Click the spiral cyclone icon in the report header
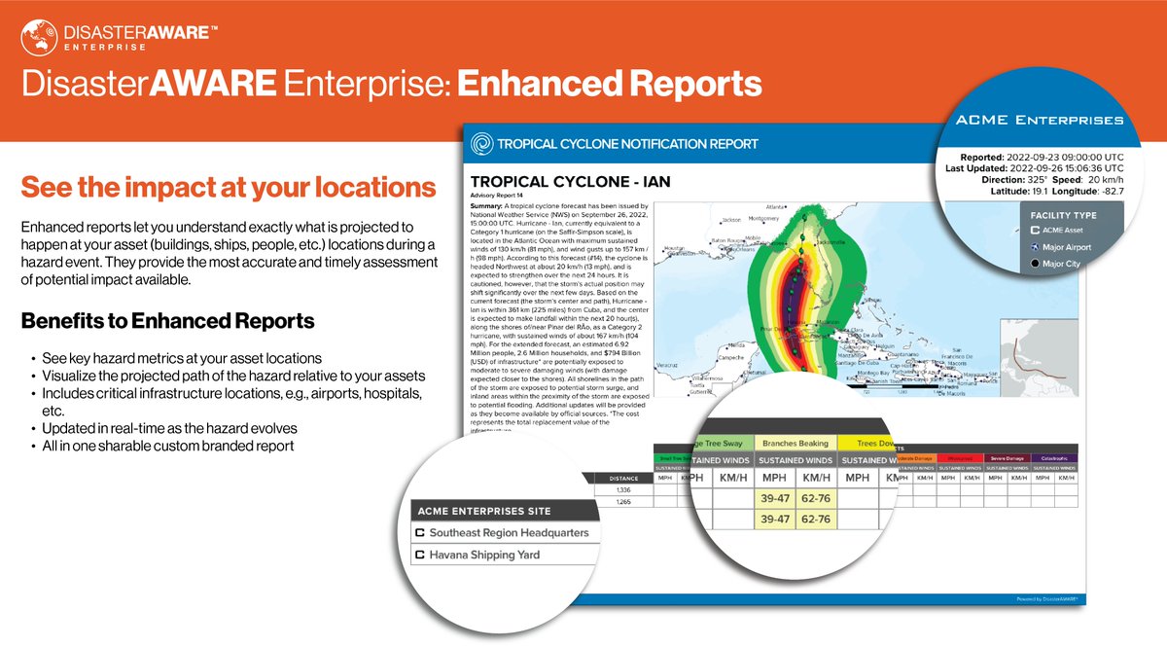[481, 145]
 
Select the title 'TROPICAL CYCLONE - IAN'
[570, 182]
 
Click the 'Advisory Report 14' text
[502, 197]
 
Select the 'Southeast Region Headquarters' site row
[501, 533]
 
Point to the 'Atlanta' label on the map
[776, 207]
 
